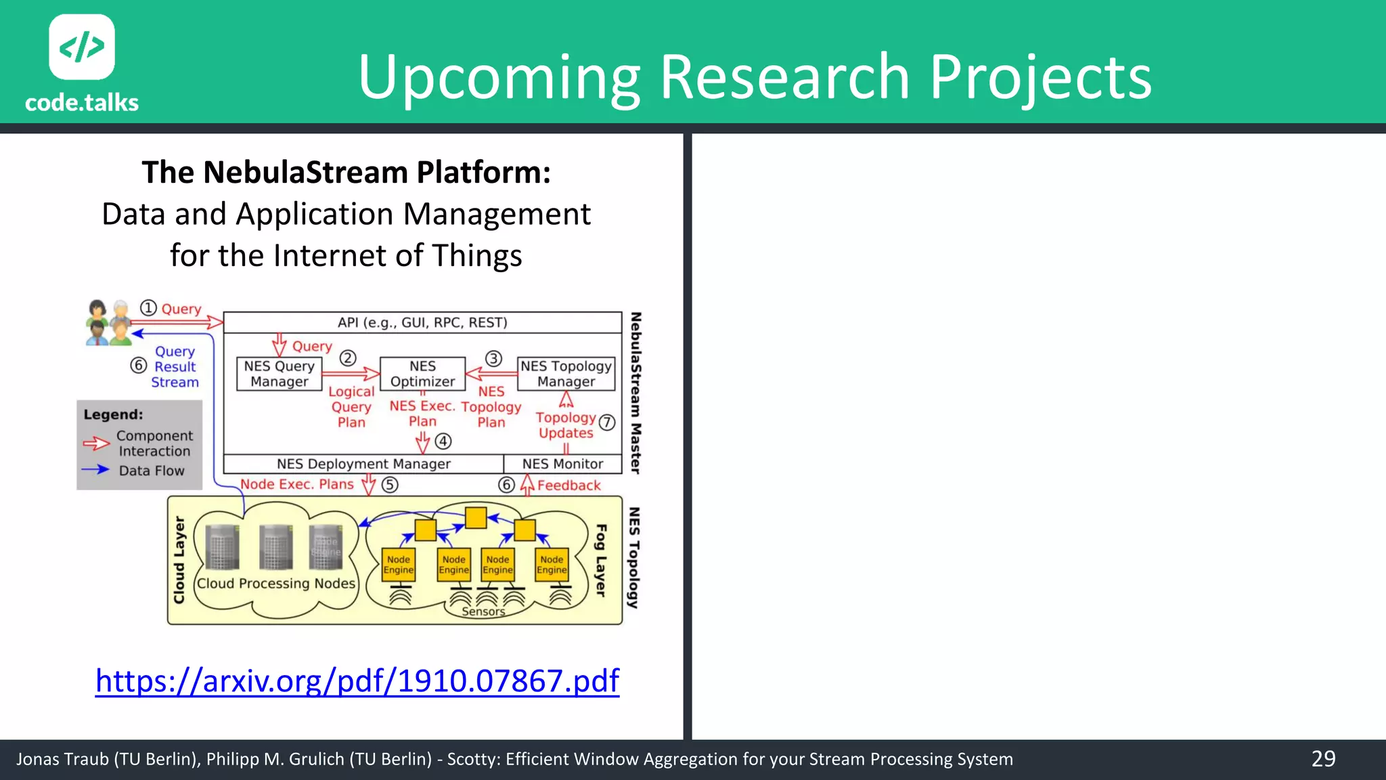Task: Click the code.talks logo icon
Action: click(82, 47)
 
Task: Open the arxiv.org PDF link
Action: click(357, 680)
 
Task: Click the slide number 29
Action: click(1323, 758)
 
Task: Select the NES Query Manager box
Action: click(279, 374)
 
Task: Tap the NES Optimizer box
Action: click(422, 374)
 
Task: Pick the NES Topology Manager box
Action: click(566, 374)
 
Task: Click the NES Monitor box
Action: click(562, 464)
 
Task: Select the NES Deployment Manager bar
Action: click(363, 464)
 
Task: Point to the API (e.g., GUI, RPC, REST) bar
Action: click(422, 322)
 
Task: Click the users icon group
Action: click(108, 322)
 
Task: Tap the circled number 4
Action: click(443, 441)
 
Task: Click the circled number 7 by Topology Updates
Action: click(607, 422)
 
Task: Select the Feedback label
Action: click(568, 485)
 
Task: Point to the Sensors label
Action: click(483, 611)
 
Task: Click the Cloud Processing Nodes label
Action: click(275, 583)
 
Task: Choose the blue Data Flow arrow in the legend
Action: click(95, 469)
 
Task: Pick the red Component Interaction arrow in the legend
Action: click(96, 443)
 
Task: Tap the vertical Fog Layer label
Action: click(600, 560)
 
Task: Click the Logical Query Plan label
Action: click(351, 407)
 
